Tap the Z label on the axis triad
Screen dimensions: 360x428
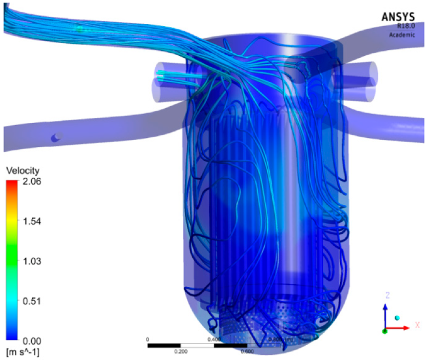(387, 295)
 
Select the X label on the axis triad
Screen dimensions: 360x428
(417, 324)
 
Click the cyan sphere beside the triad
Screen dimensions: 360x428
(397, 318)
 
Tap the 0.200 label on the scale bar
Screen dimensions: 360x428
(181, 351)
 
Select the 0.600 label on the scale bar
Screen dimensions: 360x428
(246, 351)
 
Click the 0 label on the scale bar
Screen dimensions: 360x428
(148, 339)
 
